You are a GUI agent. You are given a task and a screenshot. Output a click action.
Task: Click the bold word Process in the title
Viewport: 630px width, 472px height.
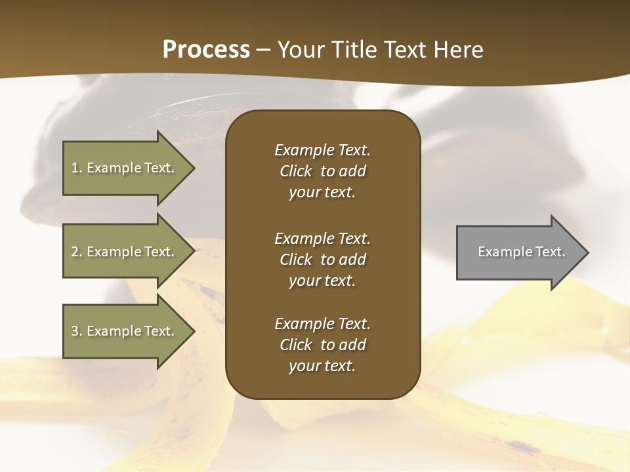[x=206, y=50]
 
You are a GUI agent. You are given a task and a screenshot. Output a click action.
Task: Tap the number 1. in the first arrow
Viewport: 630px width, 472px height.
[x=77, y=168]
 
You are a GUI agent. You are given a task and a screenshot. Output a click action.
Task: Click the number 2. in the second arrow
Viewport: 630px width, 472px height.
[x=77, y=252]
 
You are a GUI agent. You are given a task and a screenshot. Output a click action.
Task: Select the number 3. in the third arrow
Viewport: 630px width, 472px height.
[x=77, y=331]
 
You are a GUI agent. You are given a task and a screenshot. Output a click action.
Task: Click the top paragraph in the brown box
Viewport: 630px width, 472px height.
[x=322, y=171]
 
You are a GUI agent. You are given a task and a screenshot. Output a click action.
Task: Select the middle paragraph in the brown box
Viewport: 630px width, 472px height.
[x=322, y=260]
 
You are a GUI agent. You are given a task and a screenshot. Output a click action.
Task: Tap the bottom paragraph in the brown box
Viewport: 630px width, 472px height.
[x=322, y=345]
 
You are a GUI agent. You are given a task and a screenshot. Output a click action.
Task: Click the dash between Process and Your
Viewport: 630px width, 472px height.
[x=264, y=50]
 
